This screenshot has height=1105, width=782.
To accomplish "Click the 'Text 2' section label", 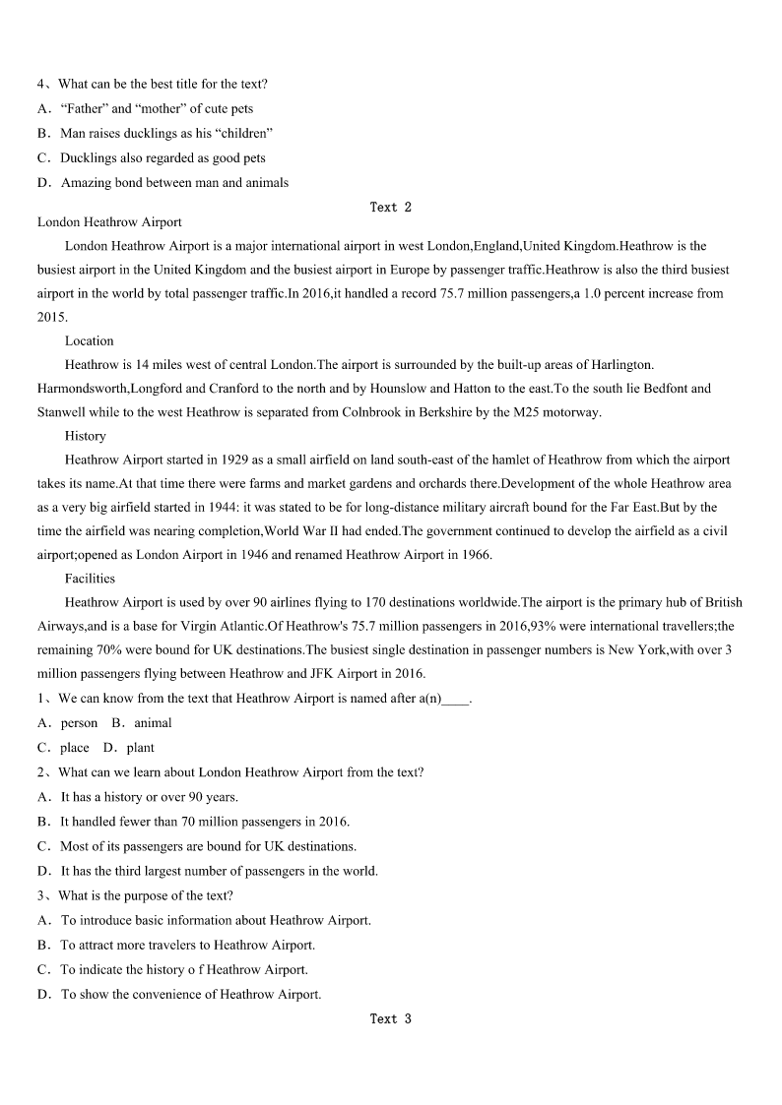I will tap(390, 207).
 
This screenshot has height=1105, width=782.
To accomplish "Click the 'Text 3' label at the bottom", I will tap(390, 1018).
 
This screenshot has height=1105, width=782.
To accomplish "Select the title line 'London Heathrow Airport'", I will tap(109, 222).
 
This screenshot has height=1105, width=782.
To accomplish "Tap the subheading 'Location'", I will tap(90, 340).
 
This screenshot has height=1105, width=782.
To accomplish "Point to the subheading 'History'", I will tap(86, 436).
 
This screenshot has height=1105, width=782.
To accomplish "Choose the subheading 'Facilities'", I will tap(91, 579).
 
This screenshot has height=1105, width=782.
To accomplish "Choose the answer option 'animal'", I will tap(154, 722).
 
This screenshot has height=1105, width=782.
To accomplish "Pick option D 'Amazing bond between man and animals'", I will tap(174, 182).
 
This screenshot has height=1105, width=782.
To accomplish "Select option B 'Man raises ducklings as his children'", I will tap(166, 133).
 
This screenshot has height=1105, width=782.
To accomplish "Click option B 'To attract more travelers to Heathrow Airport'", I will tap(188, 945).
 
